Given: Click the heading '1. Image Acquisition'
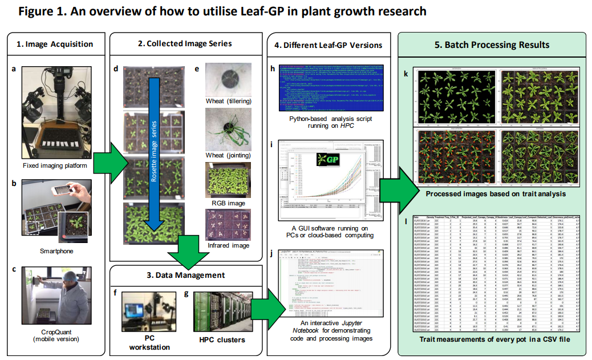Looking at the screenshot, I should click(55, 44).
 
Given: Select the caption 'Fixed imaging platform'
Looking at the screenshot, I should click(55, 166).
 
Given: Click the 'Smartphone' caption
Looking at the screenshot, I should click(56, 250).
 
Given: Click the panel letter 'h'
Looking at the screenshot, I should click(273, 69).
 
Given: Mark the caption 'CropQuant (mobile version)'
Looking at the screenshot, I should click(56, 336).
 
